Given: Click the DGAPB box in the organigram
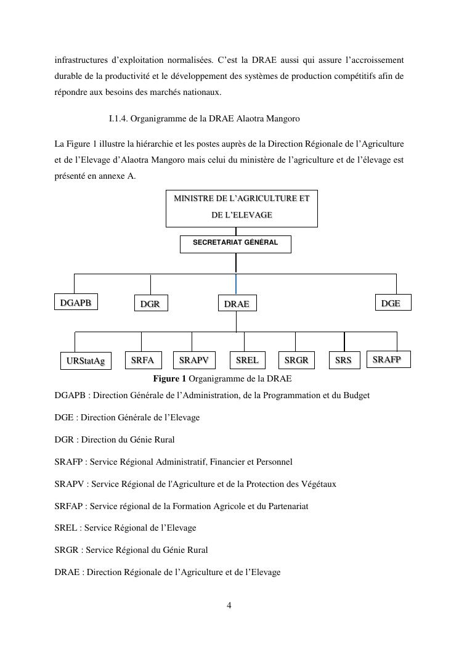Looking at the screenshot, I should coord(76,303).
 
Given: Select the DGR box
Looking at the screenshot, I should coord(150,304).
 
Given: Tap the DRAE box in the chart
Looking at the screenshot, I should coord(237,304).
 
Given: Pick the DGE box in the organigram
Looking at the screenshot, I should coord(392,303).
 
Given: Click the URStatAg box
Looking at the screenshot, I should coord(86,361).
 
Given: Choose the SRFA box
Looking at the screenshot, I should coord(142,360).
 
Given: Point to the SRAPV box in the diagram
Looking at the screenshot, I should coord(193,360).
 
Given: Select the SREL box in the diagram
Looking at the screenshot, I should coord(247,360).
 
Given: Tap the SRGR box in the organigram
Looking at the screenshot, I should coord(296,360).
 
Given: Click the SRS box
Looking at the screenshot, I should coord(343,360).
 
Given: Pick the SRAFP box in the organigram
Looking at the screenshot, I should coord(388,359).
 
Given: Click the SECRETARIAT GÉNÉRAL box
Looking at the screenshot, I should coord(235,243).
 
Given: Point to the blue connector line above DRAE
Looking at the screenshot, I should coord(236,284).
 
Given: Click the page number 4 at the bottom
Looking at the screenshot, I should coord(229,605).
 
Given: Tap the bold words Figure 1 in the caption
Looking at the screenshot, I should coord(169,378).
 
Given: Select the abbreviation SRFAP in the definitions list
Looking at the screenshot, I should coord(70,506).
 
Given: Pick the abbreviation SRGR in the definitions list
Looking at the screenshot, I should coord(67,550).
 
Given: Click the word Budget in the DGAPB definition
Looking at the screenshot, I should coord(356,395).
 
